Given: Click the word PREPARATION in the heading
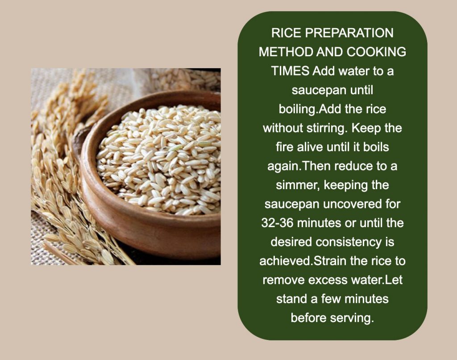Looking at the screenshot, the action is click(349, 33).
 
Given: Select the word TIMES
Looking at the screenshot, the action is click(290, 71).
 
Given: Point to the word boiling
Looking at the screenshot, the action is click(298, 109).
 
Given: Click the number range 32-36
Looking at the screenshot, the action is click(278, 223).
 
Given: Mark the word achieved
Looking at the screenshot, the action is click(286, 261).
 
